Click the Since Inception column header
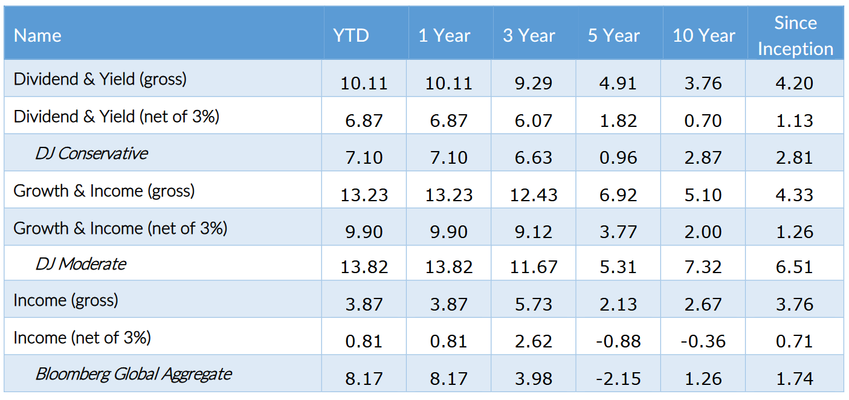(x=795, y=36)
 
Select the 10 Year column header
(x=704, y=36)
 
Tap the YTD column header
(x=351, y=36)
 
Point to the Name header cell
(x=37, y=36)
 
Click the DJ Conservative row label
(x=91, y=153)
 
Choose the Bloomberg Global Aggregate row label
(x=134, y=374)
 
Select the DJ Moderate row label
(x=81, y=264)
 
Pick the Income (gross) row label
(x=66, y=300)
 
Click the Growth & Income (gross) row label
(x=104, y=191)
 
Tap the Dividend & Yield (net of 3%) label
(x=117, y=117)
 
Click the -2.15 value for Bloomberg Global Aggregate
(x=618, y=378)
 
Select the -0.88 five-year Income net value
(x=618, y=341)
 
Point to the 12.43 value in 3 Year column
(x=534, y=195)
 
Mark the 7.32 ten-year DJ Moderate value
(x=703, y=267)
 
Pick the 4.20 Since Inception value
(x=795, y=83)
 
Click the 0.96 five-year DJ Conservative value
(x=618, y=158)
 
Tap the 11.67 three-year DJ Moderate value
(x=534, y=267)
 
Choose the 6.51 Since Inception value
(x=795, y=267)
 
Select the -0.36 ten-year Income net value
(x=703, y=341)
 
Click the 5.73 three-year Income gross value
(x=534, y=304)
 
